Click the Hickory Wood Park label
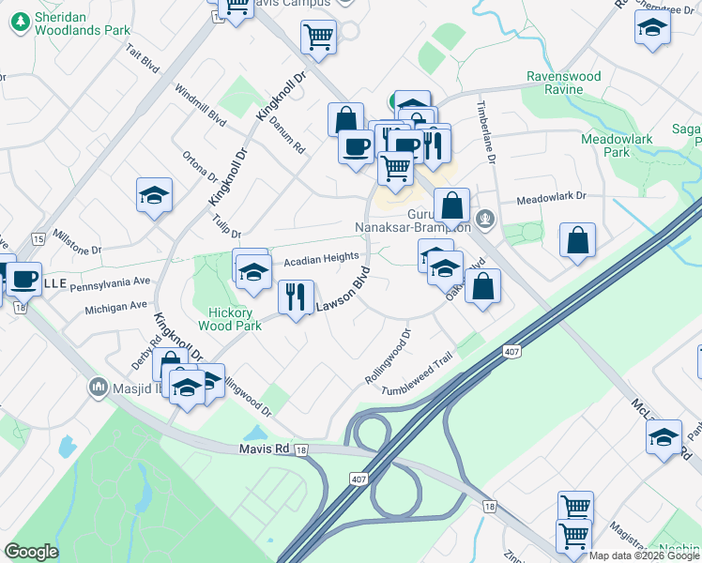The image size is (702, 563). pyautogui.click(x=229, y=319)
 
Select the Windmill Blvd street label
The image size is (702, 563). pyautogui.click(x=201, y=106)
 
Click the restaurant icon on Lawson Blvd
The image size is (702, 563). pyautogui.click(x=297, y=297)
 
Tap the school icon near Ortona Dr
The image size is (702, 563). pyautogui.click(x=154, y=195)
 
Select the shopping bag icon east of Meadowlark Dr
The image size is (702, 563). pyautogui.click(x=577, y=240)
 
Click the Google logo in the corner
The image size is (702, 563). pyautogui.click(x=32, y=551)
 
